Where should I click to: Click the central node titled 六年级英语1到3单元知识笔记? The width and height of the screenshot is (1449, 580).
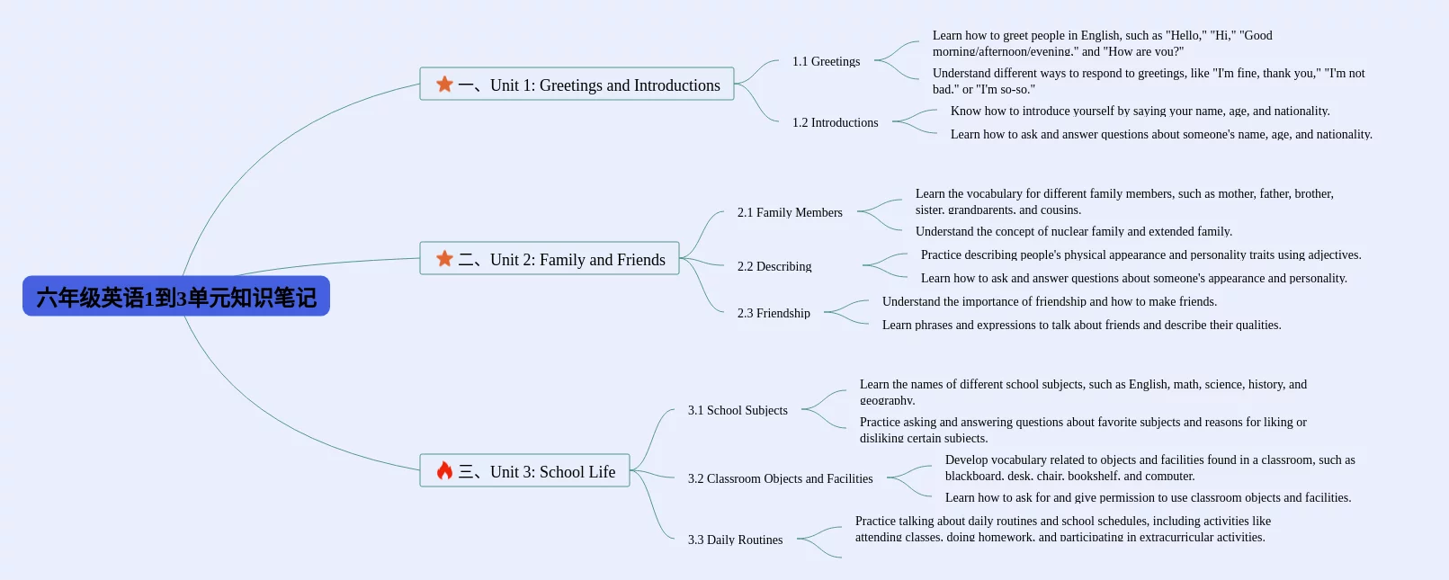tap(176, 297)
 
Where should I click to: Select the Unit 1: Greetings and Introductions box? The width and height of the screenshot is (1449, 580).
tap(577, 85)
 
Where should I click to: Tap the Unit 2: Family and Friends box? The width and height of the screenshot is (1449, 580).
tap(550, 259)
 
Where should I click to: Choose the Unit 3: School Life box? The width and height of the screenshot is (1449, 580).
tap(524, 471)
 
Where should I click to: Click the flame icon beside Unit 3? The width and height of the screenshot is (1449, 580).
tap(444, 471)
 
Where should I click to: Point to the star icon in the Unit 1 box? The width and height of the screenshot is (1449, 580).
tap(444, 85)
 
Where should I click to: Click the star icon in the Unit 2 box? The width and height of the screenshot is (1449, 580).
tap(444, 259)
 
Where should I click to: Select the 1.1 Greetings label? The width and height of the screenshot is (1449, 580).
tap(826, 61)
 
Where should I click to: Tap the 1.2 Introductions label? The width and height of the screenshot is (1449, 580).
tap(835, 122)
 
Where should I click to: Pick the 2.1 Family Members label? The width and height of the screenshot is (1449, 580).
tap(790, 212)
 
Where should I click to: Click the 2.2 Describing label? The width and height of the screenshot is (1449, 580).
tap(774, 266)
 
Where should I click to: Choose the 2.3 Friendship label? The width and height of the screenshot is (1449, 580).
tap(774, 313)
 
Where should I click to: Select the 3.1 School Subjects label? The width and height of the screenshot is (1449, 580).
tap(738, 410)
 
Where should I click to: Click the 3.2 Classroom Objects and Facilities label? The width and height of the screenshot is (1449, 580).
tap(780, 478)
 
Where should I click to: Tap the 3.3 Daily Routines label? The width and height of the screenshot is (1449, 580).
tap(735, 540)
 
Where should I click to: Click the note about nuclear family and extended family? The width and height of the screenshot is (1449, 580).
tap(1074, 231)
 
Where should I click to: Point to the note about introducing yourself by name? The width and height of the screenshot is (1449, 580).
tap(1140, 111)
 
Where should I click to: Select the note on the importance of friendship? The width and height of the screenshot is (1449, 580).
tap(1049, 301)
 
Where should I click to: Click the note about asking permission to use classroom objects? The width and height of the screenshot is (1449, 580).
tap(1148, 497)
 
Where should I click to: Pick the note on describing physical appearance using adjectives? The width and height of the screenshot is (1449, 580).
tap(1140, 254)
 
